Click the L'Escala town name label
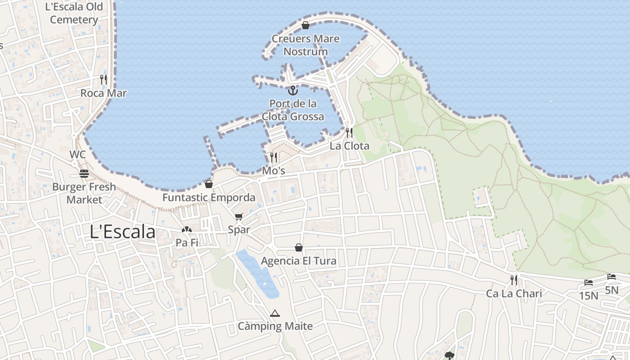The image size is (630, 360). tap(123, 232)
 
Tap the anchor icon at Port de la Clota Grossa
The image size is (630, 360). tap(293, 90)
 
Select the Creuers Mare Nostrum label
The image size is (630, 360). tap(306, 45)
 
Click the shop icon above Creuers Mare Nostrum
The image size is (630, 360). tap(306, 25)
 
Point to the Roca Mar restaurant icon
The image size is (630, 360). tap(103, 80)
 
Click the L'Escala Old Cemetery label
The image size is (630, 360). tap(74, 13)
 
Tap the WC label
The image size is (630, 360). tap(77, 154)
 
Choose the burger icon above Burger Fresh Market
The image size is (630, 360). tap(84, 173)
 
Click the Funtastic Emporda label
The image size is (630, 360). tap(209, 198)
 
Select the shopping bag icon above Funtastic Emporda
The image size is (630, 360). tap(209, 184)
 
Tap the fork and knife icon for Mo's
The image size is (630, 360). tap(274, 157)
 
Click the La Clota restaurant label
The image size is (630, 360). tap(349, 146)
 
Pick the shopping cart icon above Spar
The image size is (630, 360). tap(239, 217)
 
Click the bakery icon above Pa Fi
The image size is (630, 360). tap(187, 230)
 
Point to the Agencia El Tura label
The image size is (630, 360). tap(298, 261)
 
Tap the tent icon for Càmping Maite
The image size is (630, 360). tap(275, 313)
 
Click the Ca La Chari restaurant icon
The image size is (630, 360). tap(514, 280)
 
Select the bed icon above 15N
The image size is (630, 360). tap(589, 283)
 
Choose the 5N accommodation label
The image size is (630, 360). tap(612, 290)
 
